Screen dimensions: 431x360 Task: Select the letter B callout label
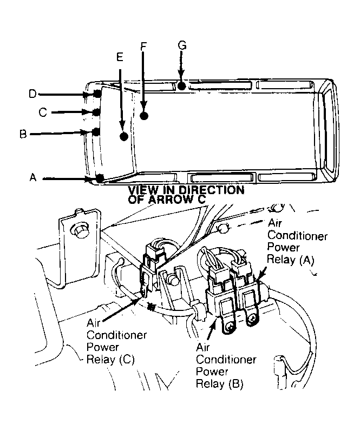(23, 134)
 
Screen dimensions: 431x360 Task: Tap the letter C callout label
(43, 112)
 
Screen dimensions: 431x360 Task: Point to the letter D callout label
(32, 94)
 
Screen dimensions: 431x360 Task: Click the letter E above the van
(120, 56)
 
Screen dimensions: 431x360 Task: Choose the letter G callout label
(182, 45)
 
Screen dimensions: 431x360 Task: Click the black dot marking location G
(182, 85)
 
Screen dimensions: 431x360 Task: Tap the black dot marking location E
(124, 136)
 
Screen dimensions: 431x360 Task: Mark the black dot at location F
(144, 115)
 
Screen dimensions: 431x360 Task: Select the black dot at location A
(100, 177)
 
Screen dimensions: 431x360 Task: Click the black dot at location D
(97, 94)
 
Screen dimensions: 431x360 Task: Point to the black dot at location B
(96, 131)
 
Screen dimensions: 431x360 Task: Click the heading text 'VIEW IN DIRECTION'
(186, 190)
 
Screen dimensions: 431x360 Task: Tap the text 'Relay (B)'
(219, 384)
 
